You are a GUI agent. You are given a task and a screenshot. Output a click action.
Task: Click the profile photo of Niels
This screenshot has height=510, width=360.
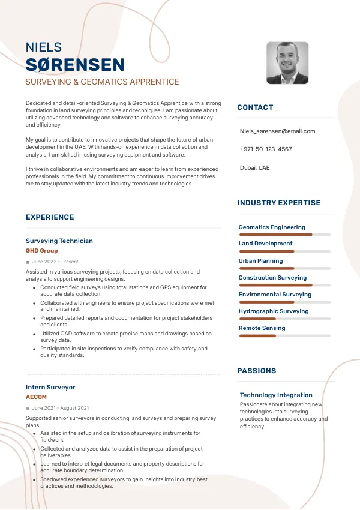click(x=287, y=63)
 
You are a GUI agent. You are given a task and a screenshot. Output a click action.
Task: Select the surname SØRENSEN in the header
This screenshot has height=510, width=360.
click(x=75, y=65)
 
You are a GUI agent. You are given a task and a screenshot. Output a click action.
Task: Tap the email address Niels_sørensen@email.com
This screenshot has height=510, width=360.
click(x=277, y=131)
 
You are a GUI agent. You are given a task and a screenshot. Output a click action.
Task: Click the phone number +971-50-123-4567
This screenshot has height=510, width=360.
click(x=266, y=149)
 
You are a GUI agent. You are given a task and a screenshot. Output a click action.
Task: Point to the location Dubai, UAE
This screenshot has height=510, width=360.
click(x=255, y=167)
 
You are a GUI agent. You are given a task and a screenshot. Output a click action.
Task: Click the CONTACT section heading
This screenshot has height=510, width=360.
click(x=255, y=107)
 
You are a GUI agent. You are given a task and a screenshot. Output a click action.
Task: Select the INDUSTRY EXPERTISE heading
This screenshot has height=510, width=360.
click(x=278, y=203)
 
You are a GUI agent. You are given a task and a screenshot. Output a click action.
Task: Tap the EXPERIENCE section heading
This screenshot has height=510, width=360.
click(x=50, y=217)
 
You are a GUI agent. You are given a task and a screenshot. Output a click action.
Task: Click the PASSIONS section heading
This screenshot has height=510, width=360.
click(x=257, y=371)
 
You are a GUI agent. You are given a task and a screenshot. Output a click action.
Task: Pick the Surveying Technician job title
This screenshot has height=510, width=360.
click(x=59, y=241)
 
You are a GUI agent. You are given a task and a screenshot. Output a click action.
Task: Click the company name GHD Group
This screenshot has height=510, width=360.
click(x=42, y=250)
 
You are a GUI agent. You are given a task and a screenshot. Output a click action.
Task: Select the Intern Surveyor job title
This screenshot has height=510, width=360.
click(x=50, y=387)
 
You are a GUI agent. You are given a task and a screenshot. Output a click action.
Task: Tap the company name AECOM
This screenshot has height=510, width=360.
click(x=36, y=397)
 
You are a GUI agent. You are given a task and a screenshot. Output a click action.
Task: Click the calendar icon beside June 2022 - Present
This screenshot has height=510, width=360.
click(x=28, y=262)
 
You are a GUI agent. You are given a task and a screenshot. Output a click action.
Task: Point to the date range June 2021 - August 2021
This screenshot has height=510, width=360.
click(x=60, y=408)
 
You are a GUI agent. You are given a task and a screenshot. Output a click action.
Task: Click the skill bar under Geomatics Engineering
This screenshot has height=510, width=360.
click(x=285, y=235)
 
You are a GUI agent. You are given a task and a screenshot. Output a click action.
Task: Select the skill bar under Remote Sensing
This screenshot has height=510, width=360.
click(x=285, y=336)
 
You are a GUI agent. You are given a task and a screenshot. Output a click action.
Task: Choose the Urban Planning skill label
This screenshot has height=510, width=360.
click(x=260, y=261)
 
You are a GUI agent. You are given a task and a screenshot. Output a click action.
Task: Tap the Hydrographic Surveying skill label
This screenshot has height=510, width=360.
click(x=274, y=311)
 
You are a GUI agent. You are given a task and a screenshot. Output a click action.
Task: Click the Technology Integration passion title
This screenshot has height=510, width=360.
click(x=276, y=395)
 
